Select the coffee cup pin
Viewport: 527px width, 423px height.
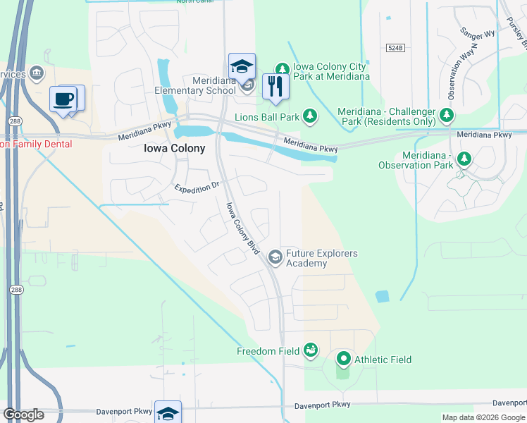click(x=63, y=99)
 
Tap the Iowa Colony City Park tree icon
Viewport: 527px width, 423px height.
click(x=282, y=68)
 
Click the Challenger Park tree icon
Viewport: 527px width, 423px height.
click(x=445, y=114)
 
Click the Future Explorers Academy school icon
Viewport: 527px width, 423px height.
click(x=275, y=258)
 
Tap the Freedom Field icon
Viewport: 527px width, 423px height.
click(x=310, y=350)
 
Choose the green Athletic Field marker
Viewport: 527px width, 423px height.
click(x=343, y=360)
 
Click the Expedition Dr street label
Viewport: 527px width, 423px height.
click(x=198, y=188)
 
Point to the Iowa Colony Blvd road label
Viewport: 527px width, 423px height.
click(x=243, y=228)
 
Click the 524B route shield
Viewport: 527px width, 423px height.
click(x=395, y=48)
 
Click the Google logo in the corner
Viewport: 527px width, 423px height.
click(x=23, y=415)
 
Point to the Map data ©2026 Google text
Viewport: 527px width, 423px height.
click(x=483, y=417)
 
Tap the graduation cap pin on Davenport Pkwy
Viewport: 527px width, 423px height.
click(x=168, y=413)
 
